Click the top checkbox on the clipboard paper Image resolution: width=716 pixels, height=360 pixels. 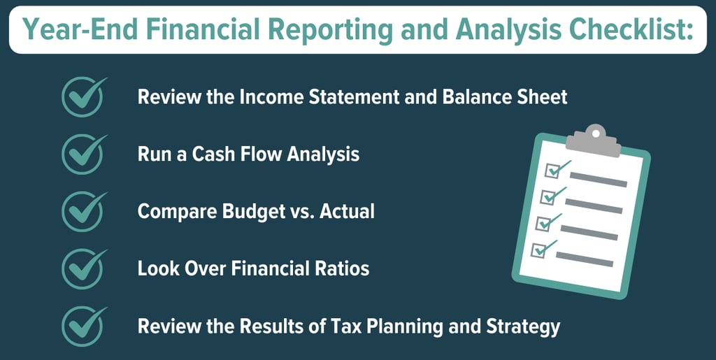tap(552, 171)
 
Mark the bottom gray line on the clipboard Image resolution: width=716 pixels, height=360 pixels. tap(584, 259)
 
